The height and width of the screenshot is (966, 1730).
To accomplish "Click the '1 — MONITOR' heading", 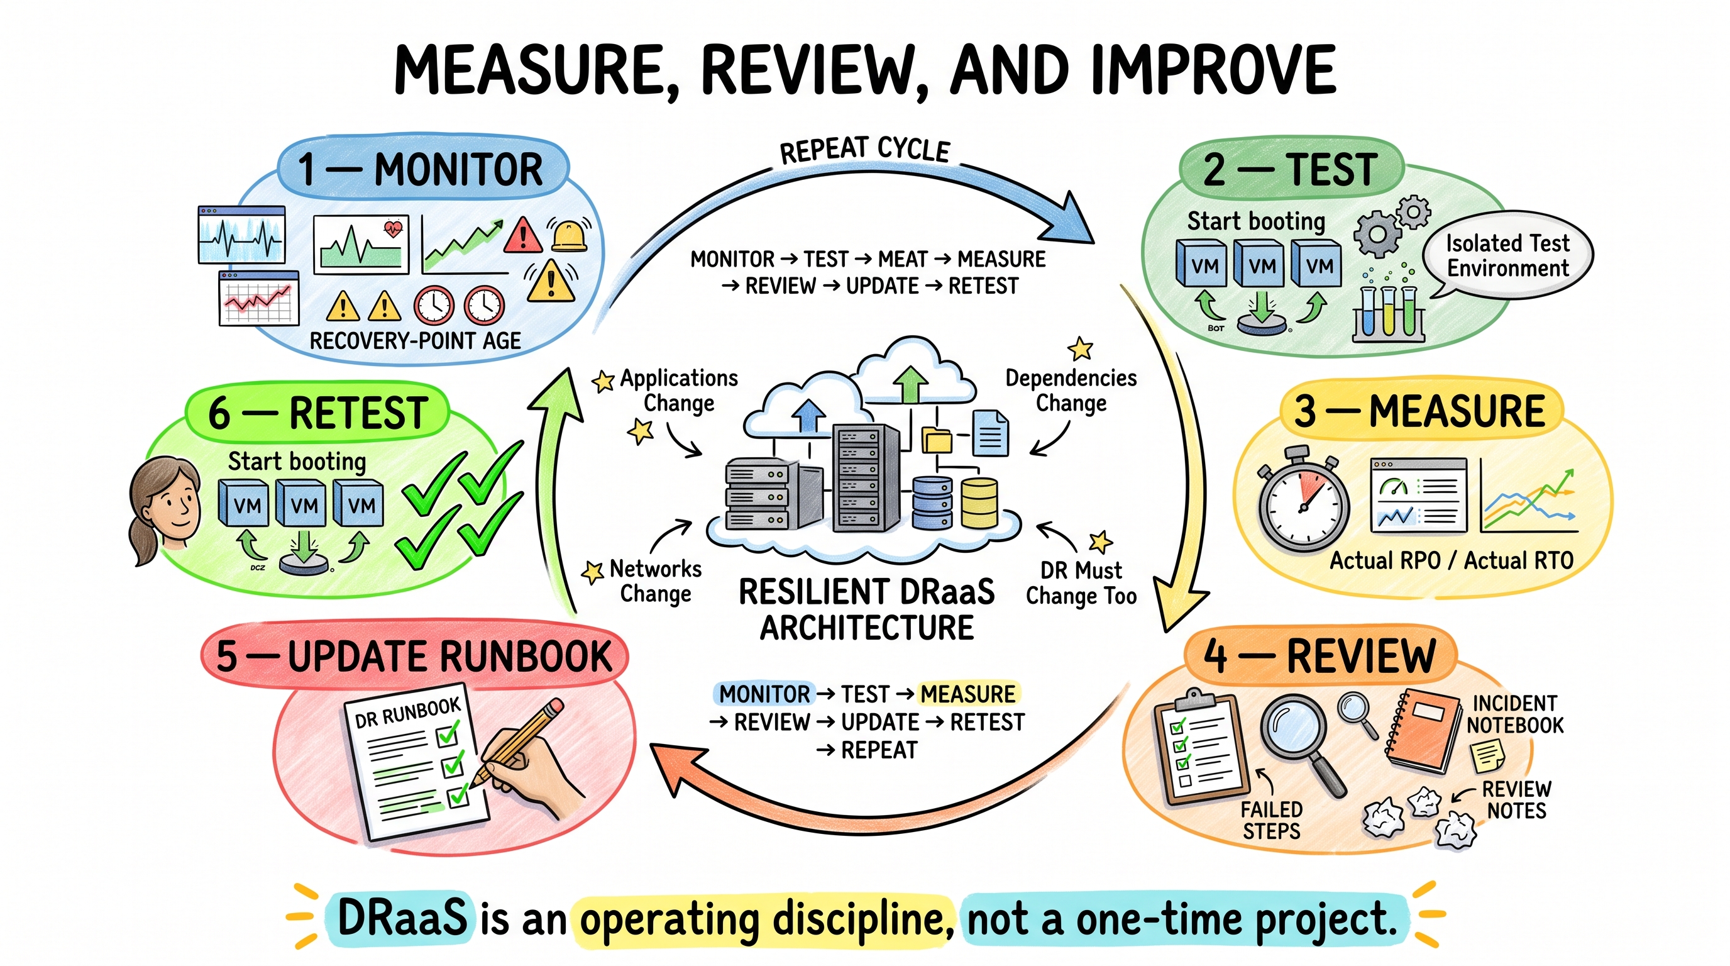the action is click(421, 169).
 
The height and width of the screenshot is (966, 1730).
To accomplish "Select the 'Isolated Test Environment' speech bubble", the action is click(1507, 256).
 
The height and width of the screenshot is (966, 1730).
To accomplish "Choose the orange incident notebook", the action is click(1424, 732).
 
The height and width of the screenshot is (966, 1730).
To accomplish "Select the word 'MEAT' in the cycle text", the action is click(903, 258).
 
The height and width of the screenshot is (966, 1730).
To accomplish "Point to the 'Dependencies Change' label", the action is click(1071, 391).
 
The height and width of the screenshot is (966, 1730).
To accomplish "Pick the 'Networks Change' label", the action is click(656, 581).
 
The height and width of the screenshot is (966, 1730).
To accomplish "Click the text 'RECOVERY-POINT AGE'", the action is click(415, 341).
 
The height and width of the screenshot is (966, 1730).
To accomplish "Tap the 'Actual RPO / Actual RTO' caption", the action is click(1452, 560).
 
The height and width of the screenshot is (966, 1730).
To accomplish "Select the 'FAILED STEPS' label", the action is click(1271, 820).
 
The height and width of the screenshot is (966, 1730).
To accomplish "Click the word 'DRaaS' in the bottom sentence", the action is click(402, 918).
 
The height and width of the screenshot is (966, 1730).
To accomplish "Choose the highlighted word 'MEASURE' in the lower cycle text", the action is click(967, 694).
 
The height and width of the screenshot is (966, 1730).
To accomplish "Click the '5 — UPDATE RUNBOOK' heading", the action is click(414, 657).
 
